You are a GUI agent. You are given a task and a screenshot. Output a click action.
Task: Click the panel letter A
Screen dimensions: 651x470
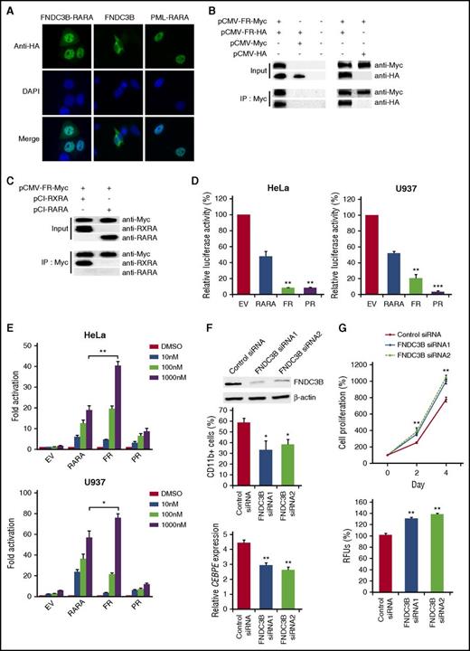[x=9, y=9]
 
